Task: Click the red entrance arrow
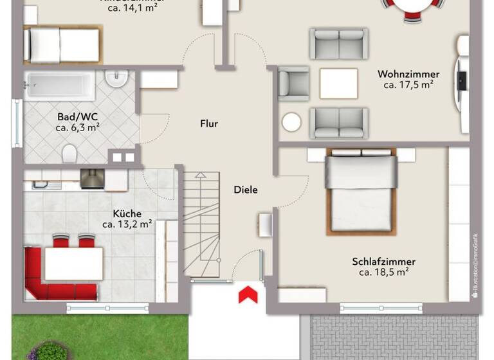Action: [x=248, y=295]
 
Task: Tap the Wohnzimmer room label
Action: [x=408, y=74]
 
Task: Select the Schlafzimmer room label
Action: [x=383, y=262]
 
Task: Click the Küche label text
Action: [x=127, y=213]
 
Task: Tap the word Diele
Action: [x=246, y=190]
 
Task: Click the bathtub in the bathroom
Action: [x=59, y=85]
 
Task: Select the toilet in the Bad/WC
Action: [x=69, y=153]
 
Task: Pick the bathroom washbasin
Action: [x=116, y=80]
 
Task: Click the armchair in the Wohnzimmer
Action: [x=293, y=83]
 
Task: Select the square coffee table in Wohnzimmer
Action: [x=338, y=84]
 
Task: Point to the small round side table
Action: [x=291, y=122]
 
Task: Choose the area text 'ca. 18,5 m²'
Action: [x=384, y=273]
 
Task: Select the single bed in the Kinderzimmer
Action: [x=62, y=44]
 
